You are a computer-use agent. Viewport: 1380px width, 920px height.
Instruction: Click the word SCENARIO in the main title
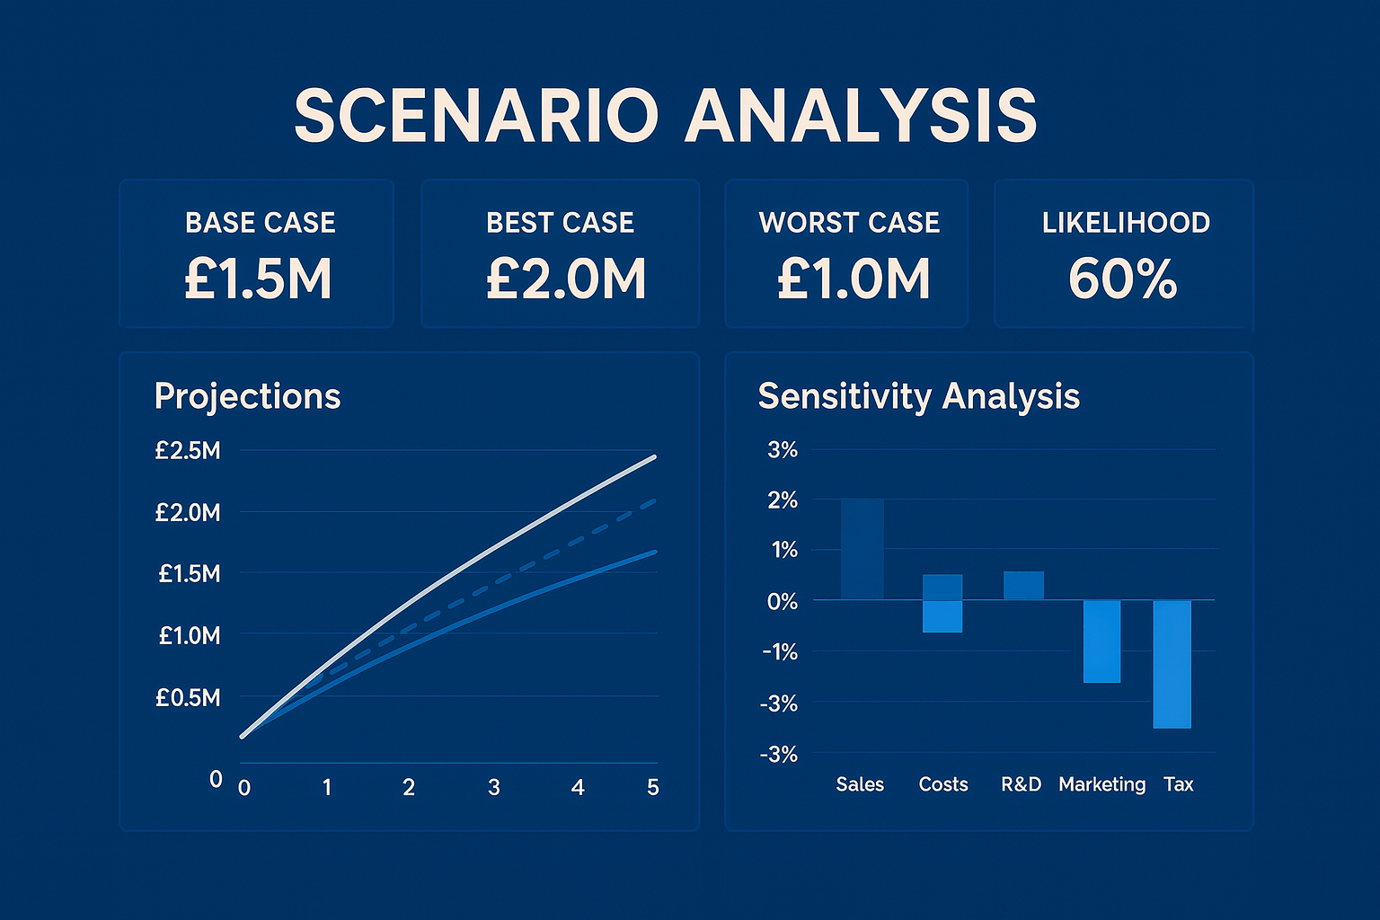tap(476, 116)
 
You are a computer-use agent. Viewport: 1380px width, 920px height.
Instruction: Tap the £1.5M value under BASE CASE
tap(259, 279)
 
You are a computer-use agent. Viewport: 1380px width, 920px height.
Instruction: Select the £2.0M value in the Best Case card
tap(566, 279)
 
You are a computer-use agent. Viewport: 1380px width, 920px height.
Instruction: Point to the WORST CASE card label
tap(849, 223)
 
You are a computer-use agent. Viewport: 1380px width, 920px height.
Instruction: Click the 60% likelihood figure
tap(1122, 279)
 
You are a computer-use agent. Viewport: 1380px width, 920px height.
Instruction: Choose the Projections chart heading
tap(247, 396)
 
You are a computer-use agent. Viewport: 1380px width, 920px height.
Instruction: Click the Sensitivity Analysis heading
tap(918, 396)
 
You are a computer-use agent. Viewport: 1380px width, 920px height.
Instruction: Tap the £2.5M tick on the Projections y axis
tap(187, 450)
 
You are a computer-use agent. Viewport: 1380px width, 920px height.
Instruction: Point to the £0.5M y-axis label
tap(187, 697)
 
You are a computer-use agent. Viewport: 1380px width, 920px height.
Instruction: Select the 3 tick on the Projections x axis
tap(493, 788)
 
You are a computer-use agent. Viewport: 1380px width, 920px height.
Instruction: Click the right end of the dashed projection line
tap(655, 500)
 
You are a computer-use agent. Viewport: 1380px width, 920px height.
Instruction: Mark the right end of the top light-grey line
tap(655, 457)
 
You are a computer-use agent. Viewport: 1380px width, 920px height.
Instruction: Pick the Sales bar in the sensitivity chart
tap(862, 549)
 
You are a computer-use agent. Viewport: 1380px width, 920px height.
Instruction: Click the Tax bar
tap(1172, 664)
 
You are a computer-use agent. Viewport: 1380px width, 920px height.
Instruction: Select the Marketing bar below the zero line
tap(1101, 641)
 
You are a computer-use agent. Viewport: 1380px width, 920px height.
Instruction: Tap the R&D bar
tap(1023, 586)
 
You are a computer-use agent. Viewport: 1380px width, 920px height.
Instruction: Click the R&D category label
tap(1021, 784)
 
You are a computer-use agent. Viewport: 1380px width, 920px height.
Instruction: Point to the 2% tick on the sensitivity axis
tap(783, 500)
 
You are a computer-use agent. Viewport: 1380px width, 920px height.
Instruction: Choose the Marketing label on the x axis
tap(1101, 784)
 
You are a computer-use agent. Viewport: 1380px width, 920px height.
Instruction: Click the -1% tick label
tap(780, 652)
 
